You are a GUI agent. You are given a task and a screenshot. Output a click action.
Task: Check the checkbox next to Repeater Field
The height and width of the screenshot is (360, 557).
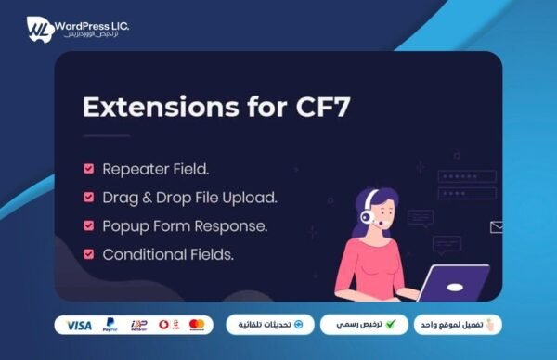click(89, 169)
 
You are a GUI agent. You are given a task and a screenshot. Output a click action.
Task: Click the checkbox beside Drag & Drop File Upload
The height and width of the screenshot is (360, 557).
click(89, 197)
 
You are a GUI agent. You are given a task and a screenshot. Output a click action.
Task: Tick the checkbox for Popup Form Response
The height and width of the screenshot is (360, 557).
click(89, 225)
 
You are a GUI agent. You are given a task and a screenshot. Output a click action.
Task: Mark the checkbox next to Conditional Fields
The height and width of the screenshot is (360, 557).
click(89, 253)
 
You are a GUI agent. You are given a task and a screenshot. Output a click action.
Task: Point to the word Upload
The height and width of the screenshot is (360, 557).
click(253, 197)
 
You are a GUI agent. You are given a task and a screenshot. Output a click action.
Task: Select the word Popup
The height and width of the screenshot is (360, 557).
click(125, 225)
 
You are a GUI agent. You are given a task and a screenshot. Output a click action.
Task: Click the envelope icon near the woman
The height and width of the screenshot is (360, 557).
click(497, 225)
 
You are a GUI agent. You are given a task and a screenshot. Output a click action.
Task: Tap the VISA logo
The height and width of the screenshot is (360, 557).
click(80, 325)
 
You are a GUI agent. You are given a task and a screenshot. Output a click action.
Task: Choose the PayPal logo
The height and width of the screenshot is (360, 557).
click(110, 325)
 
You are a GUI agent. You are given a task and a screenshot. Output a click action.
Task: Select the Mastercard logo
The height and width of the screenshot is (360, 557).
click(196, 325)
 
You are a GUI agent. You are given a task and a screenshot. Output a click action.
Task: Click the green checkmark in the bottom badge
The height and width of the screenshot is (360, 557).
click(391, 325)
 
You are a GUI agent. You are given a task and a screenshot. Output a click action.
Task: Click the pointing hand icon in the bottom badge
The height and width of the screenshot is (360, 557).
click(491, 324)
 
